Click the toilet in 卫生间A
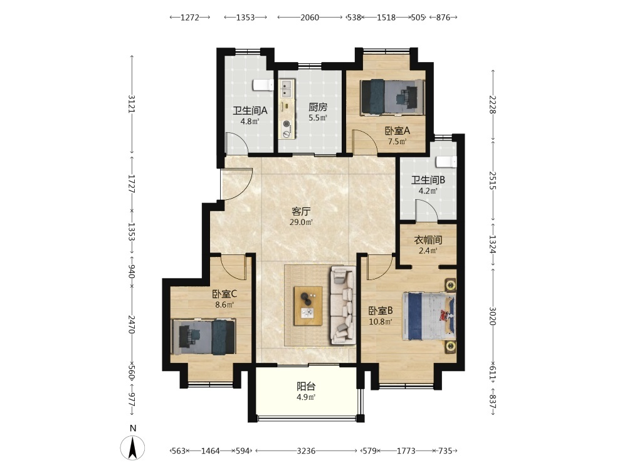point(263,85)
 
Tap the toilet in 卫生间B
point(446,161)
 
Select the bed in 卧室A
point(393,97)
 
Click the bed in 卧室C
point(203,337)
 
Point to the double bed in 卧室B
point(429,316)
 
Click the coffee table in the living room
point(308,306)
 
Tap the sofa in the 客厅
point(343,306)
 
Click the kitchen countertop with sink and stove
point(287,108)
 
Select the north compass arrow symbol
point(133,447)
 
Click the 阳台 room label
point(307,387)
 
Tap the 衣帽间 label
point(428,240)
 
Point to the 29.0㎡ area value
point(301,222)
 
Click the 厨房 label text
point(318,107)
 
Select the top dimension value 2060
point(310,17)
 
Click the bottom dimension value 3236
point(306,451)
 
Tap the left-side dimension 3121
point(132,104)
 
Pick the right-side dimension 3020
point(493,316)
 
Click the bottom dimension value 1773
point(406,451)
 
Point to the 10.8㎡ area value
point(381,321)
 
